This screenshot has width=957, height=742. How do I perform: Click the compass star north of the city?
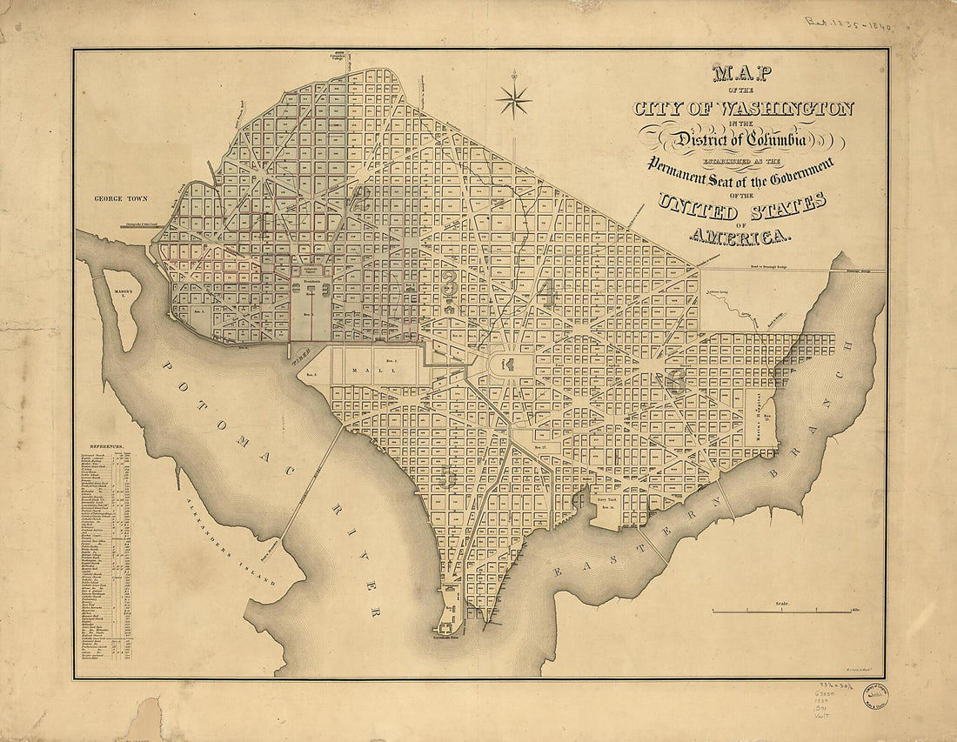pos(513,99)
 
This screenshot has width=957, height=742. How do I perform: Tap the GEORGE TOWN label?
pos(124,198)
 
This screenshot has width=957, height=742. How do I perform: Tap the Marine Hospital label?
pos(759,424)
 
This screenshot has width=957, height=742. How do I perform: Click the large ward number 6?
pos(675,380)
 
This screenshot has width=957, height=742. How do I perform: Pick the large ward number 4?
pos(545,293)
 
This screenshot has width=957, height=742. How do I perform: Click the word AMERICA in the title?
pos(739,236)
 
